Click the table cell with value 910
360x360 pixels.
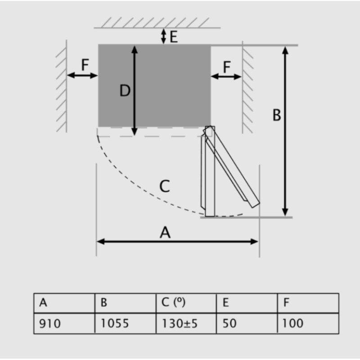64,323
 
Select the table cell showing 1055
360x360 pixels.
126,323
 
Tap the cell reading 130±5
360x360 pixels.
186,323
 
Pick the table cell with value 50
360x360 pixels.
247,323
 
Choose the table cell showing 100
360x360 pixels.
308,323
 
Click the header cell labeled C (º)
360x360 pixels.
186,303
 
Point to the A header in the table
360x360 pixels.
64,303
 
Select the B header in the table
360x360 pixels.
126,303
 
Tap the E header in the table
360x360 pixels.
247,303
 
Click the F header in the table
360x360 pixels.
308,303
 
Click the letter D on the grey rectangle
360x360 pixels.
125,90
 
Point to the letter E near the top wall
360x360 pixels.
174,36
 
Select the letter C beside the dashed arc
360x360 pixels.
165,186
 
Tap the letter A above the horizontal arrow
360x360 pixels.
165,232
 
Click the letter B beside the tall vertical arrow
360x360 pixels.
277,115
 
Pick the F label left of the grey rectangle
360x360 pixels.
85,65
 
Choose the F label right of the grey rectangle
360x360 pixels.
227,67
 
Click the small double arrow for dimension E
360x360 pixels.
163,36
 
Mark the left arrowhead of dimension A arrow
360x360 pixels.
100,242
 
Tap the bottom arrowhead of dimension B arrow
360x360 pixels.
285,212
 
